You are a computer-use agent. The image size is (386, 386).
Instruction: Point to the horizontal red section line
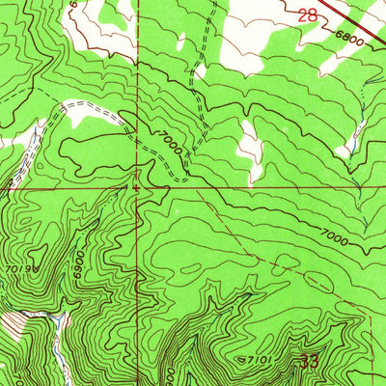pos(261,189)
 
